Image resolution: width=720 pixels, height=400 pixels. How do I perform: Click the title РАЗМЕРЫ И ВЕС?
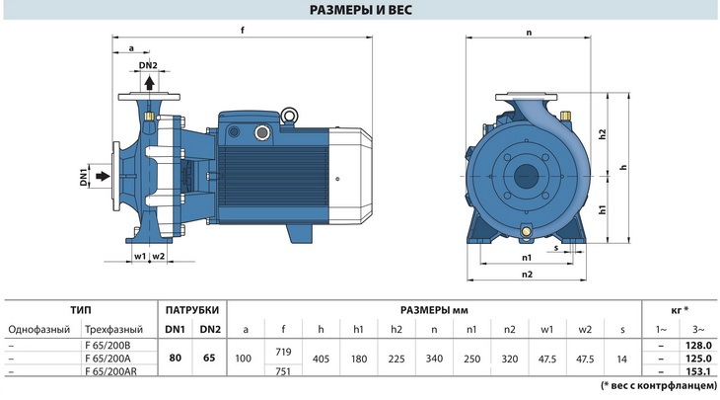coord(360,11)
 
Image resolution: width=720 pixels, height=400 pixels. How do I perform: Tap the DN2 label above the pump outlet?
coord(148,65)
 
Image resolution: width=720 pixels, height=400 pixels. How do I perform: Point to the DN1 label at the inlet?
coord(84,179)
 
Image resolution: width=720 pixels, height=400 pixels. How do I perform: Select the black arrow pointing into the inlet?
coord(102,179)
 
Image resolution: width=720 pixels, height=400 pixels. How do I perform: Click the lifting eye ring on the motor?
coord(291,117)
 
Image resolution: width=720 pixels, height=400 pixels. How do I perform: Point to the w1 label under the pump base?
coord(139,256)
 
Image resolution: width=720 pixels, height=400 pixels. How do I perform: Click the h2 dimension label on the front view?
coord(601,135)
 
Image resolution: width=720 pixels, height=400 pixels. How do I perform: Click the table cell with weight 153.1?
coord(695,370)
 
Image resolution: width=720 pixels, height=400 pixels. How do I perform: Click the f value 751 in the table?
coord(283,370)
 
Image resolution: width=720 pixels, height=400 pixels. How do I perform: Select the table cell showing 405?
coord(321,357)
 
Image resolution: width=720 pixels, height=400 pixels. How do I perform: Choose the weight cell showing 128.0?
coord(695,344)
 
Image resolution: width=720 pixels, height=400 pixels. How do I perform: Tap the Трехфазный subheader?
coord(114,329)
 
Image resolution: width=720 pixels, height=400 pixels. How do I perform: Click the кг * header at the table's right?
coord(679,309)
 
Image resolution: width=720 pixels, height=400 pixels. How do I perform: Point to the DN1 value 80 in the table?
coord(174,357)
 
